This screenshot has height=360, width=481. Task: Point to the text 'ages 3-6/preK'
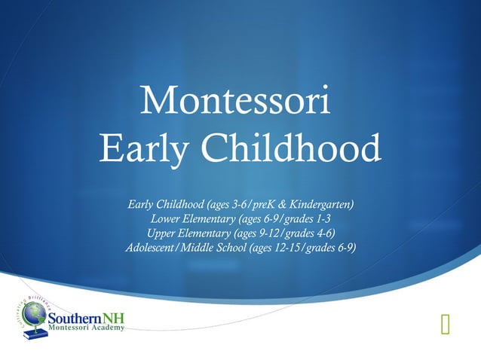227,205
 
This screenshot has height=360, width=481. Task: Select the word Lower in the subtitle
166,219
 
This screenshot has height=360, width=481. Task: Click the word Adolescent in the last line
149,248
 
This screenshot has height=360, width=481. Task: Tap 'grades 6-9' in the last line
329,248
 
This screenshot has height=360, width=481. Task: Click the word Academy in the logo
106,329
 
